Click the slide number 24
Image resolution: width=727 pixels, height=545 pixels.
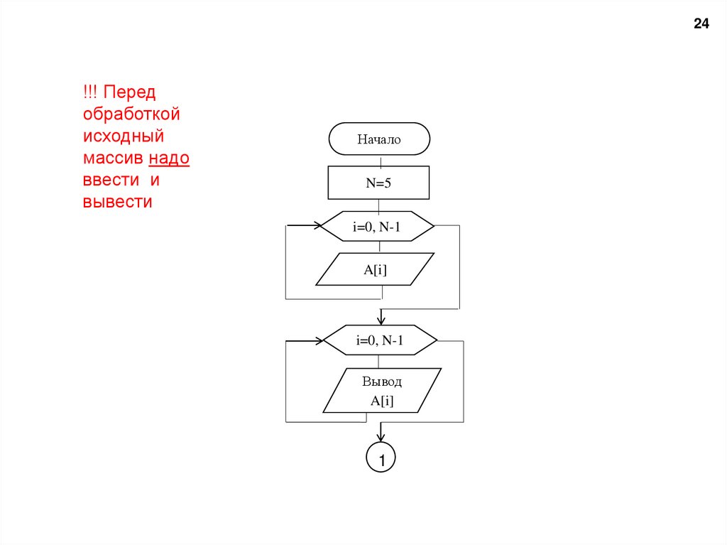(x=701, y=24)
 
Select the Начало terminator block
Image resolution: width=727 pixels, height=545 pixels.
(x=379, y=139)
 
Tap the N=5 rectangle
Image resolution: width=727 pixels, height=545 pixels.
(x=379, y=183)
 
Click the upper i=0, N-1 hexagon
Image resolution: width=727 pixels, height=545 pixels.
(x=378, y=227)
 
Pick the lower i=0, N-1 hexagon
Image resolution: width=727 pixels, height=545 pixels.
(x=380, y=340)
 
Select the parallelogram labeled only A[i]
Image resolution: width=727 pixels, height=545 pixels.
(x=374, y=269)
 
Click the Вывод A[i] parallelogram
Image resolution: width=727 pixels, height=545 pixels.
(x=382, y=390)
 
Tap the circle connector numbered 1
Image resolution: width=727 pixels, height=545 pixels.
(x=381, y=459)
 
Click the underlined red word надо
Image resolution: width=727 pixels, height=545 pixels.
(x=170, y=158)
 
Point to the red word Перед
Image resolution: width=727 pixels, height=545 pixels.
(x=131, y=92)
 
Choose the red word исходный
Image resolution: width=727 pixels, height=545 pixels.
(x=123, y=136)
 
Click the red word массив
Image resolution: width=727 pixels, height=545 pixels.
(x=114, y=158)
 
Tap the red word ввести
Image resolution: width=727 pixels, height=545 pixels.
(x=111, y=180)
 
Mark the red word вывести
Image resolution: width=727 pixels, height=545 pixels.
(x=118, y=202)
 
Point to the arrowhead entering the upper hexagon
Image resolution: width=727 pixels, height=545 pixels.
(x=317, y=227)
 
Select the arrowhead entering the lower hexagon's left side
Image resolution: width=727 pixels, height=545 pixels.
(x=319, y=340)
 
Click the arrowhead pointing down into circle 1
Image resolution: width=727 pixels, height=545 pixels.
(x=381, y=436)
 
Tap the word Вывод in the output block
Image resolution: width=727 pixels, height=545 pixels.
(x=382, y=382)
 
